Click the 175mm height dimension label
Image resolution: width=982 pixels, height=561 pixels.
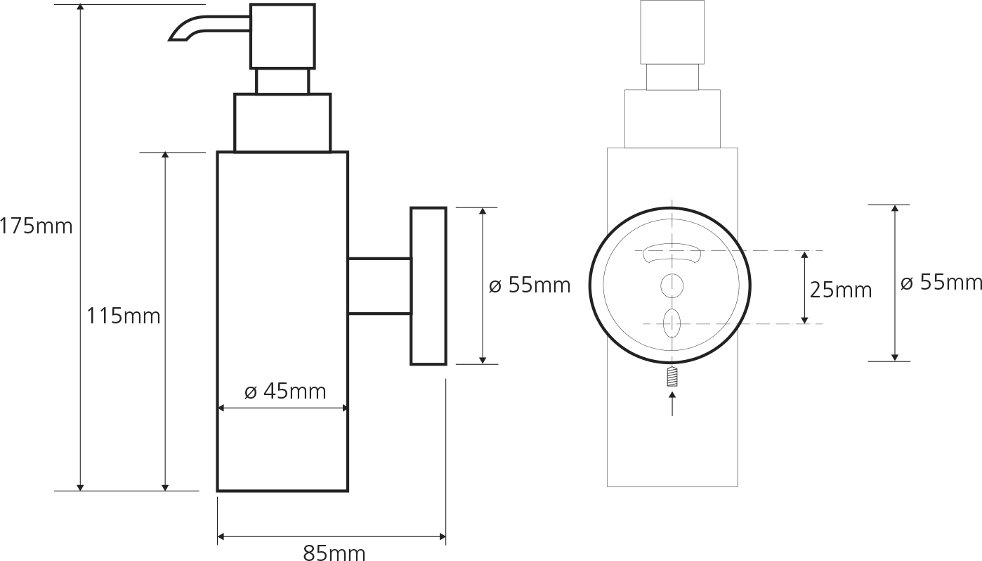pyautogui.click(x=36, y=226)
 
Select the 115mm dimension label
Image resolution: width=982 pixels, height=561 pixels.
pyautogui.click(x=124, y=316)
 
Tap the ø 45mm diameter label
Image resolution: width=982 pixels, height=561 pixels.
pyautogui.click(x=285, y=391)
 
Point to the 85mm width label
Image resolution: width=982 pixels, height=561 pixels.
pyautogui.click(x=334, y=553)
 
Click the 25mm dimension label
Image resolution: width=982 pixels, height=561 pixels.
pyautogui.click(x=840, y=290)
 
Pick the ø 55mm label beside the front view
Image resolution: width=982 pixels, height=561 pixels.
pyautogui.click(x=941, y=283)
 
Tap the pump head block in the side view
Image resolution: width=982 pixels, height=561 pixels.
pyautogui.click(x=282, y=36)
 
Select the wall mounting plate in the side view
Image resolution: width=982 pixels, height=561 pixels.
pyautogui.click(x=428, y=286)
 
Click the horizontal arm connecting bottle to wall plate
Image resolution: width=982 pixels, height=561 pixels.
pyautogui.click(x=379, y=285)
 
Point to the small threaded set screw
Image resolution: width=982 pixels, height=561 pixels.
pyautogui.click(x=672, y=378)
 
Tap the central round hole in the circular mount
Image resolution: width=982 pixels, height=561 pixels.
pyautogui.click(x=672, y=285)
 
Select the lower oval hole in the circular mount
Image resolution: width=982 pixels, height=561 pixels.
pyautogui.click(x=672, y=323)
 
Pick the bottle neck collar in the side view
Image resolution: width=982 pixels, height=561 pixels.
pyautogui.click(x=282, y=123)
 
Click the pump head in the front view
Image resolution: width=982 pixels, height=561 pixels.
pyautogui.click(x=672, y=32)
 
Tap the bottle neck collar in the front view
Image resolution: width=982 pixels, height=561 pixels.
pyautogui.click(x=672, y=119)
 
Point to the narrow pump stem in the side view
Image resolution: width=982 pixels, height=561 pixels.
pyautogui.click(x=282, y=81)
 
